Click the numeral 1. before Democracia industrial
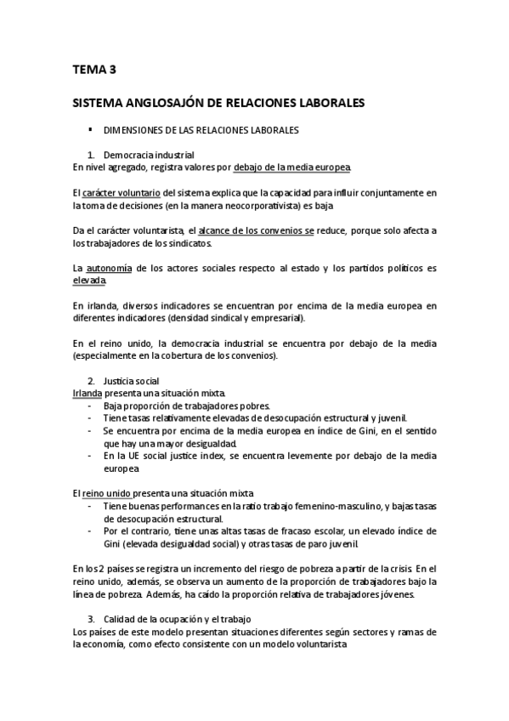pyautogui.click(x=92, y=156)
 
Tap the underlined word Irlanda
pyautogui.click(x=88, y=394)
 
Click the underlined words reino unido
pyautogui.click(x=111, y=494)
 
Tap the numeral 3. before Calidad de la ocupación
pyautogui.click(x=92, y=620)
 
